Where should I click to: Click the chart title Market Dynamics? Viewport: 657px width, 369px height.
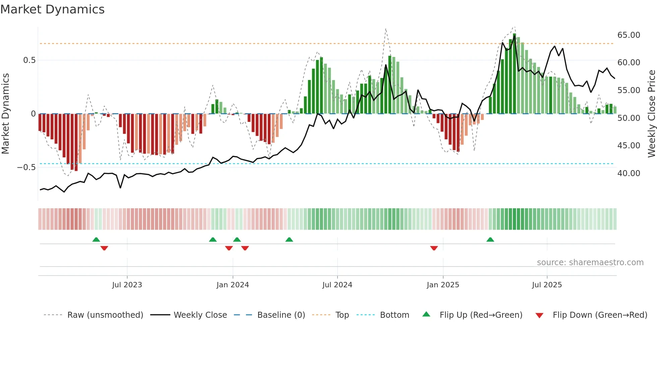[x=53, y=9]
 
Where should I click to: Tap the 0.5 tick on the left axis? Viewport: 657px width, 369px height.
[x=29, y=60]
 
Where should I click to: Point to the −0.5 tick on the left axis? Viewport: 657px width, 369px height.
[x=26, y=167]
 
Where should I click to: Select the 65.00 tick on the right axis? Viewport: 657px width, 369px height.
[x=629, y=35]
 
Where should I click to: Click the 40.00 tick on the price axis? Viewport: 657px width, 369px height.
[x=629, y=173]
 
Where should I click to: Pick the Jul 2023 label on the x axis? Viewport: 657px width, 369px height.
[x=127, y=285]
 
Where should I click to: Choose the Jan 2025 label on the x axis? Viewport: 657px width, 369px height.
[x=443, y=285]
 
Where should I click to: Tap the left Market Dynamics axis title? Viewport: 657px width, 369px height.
[x=5, y=114]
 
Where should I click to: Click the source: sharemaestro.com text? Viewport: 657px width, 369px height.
[x=590, y=263]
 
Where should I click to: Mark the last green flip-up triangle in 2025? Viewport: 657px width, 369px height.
[x=490, y=240]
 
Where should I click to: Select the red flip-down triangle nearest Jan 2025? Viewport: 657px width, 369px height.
[x=434, y=248]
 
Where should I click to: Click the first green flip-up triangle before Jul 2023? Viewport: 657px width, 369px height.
[x=96, y=240]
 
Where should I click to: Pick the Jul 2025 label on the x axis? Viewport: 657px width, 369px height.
[x=547, y=285]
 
